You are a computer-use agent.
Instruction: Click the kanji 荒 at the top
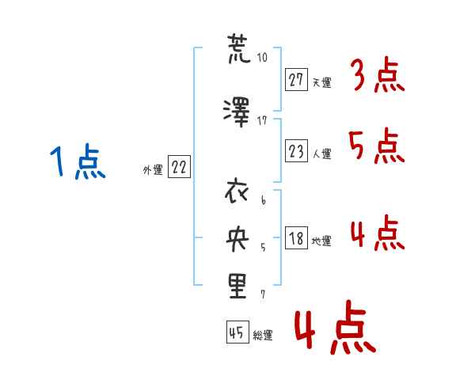(x=239, y=48)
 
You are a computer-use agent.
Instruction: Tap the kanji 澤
(x=237, y=112)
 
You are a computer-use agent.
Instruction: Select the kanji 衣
(x=237, y=192)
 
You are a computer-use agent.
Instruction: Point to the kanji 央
(x=237, y=239)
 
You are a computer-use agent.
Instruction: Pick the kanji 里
(x=237, y=286)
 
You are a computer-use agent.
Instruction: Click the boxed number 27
(x=296, y=80)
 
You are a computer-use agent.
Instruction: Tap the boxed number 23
(x=296, y=150)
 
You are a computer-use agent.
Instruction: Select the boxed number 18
(x=296, y=237)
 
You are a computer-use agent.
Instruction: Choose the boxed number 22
(x=179, y=167)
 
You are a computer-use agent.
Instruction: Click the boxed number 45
(x=237, y=332)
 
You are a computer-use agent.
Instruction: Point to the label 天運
(x=321, y=82)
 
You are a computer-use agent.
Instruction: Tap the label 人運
(x=321, y=154)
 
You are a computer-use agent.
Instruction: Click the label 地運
(x=321, y=241)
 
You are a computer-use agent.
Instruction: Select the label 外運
(x=153, y=170)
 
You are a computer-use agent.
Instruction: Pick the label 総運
(x=263, y=335)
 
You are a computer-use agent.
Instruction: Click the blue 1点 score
(x=78, y=161)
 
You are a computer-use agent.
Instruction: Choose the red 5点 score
(x=377, y=146)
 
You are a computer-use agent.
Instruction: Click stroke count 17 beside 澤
(x=262, y=121)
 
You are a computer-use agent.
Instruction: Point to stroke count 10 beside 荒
(x=262, y=57)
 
